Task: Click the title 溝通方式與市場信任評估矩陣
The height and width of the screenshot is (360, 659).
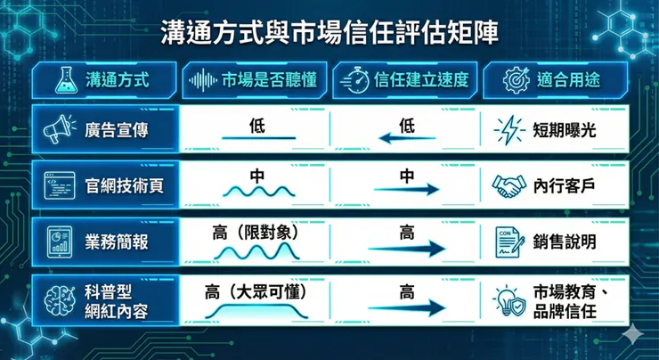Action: coord(329,34)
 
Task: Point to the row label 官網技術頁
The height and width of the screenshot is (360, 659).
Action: coord(117,185)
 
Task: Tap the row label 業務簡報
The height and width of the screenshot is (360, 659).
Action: coord(117,241)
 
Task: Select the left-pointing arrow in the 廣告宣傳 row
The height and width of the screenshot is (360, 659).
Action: coord(407,138)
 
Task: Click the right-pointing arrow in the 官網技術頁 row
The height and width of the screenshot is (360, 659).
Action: coord(407,191)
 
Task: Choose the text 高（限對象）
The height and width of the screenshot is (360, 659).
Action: coord(256,233)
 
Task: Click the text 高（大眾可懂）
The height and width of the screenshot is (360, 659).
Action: coord(256,290)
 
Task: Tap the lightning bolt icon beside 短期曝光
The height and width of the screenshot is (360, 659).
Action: coord(508,130)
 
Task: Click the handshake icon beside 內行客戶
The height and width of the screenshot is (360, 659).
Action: coord(508,185)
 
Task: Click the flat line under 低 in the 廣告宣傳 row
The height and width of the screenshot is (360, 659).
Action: coord(257,138)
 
